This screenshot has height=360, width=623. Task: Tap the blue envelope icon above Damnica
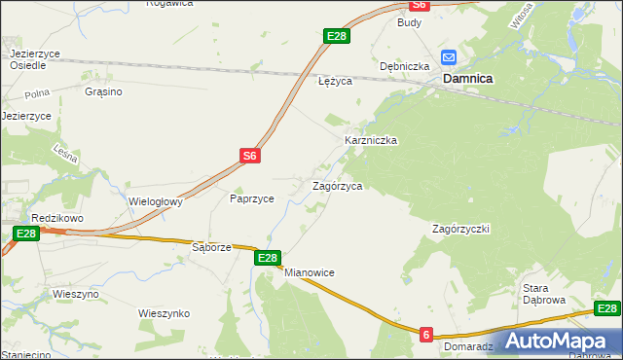[449, 57]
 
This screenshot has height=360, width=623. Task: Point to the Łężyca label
[335, 82]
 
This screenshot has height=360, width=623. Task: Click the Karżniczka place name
[371, 140]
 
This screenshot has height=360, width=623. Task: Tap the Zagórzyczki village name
[460, 229]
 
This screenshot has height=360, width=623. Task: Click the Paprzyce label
[251, 198]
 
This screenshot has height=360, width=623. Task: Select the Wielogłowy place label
[157, 202]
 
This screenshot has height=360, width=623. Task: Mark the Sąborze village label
[211, 247]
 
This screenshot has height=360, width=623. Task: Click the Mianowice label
[310, 273]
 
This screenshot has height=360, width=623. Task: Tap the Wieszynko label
[164, 313]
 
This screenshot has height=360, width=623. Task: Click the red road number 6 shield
[426, 335]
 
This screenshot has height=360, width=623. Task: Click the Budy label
[408, 21]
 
